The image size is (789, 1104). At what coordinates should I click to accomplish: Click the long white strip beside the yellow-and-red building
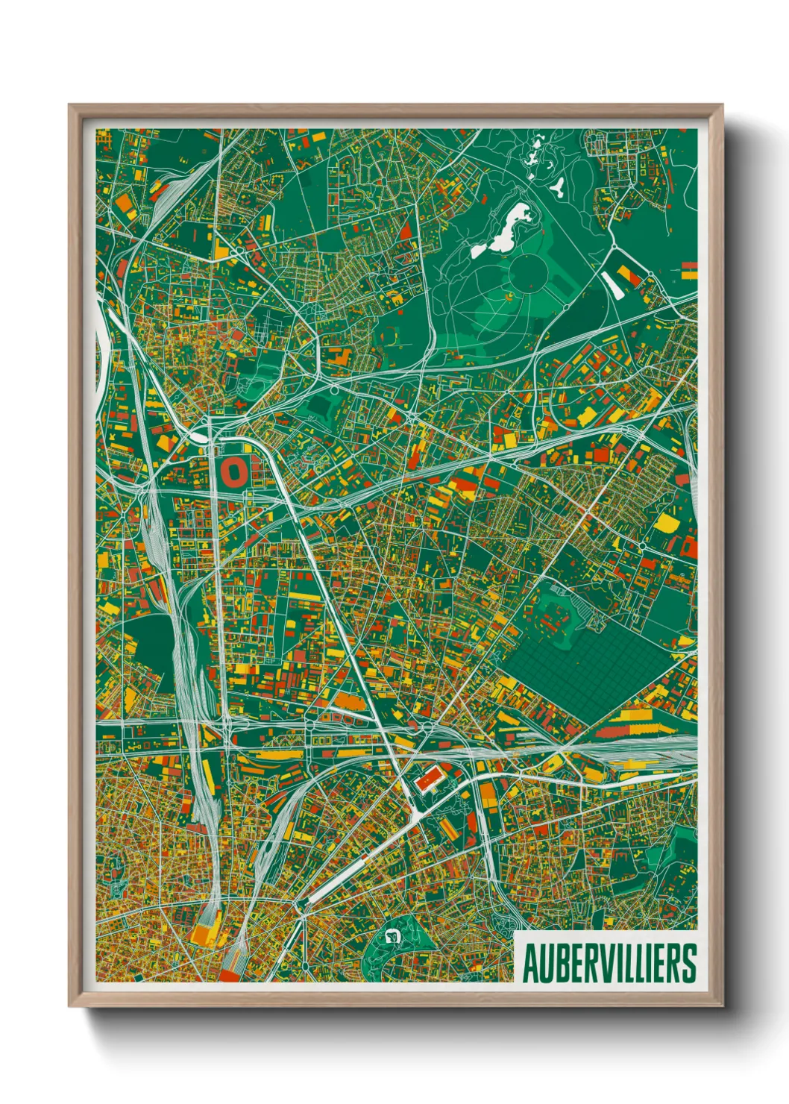pyautogui.click(x=612, y=284)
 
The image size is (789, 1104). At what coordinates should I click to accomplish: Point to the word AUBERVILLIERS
pyautogui.click(x=609, y=962)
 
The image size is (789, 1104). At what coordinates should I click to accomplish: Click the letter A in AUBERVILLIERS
pyautogui.click(x=530, y=962)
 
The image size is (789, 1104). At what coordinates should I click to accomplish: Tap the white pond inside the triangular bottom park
pyautogui.click(x=392, y=935)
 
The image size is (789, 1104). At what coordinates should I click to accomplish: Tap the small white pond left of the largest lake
pyautogui.click(x=477, y=251)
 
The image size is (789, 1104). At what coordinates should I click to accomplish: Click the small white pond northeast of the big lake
pyautogui.click(x=557, y=186)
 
